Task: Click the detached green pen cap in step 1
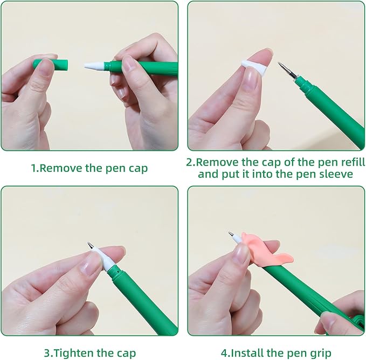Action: (x=51, y=65)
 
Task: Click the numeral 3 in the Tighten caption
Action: (x=47, y=353)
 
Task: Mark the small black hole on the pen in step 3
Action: (x=118, y=272)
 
